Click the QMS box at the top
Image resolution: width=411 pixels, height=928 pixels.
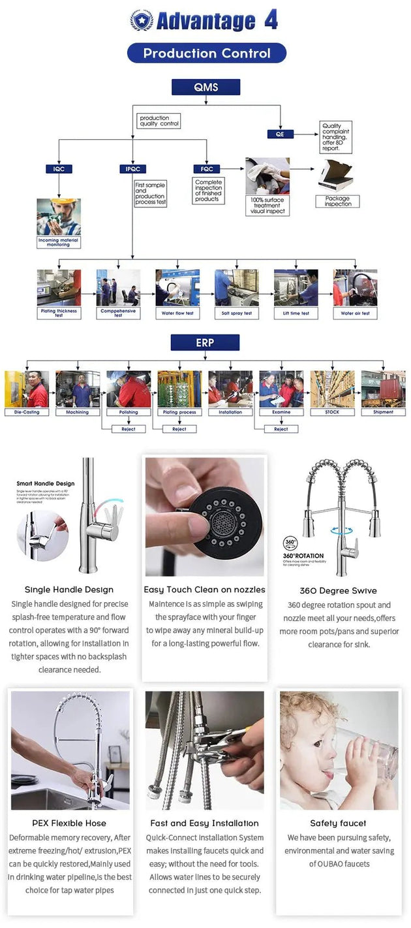205,88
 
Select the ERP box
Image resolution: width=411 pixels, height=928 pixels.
205,343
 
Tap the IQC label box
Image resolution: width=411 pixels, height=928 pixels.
59,169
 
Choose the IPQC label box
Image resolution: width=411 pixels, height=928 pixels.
132,169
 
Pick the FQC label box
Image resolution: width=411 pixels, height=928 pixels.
206,169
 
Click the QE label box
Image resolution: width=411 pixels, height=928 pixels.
280,134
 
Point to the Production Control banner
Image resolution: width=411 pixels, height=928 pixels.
206,54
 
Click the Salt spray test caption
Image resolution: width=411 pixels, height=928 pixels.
237,313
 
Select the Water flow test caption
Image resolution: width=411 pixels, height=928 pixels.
177,313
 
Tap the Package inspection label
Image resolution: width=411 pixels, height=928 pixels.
337,201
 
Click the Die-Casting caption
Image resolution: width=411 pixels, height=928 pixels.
27,412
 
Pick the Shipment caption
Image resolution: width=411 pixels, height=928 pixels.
383,412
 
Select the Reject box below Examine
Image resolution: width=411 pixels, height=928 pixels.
281,429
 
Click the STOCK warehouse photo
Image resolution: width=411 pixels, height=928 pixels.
332,389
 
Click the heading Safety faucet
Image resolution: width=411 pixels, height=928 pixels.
338,823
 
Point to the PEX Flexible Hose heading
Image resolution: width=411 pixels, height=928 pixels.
69,823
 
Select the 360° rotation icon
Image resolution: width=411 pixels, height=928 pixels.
291,543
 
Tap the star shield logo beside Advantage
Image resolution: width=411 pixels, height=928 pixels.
141,21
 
